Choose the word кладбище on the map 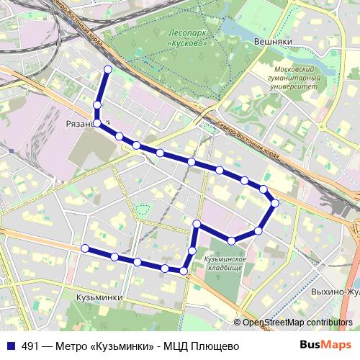click(x=223, y=267)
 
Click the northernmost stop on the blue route click(x=107, y=69)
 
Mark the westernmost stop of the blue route click(x=85, y=248)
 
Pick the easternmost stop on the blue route click(x=274, y=203)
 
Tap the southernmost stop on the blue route click(x=184, y=271)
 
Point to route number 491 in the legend click(x=30, y=345)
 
